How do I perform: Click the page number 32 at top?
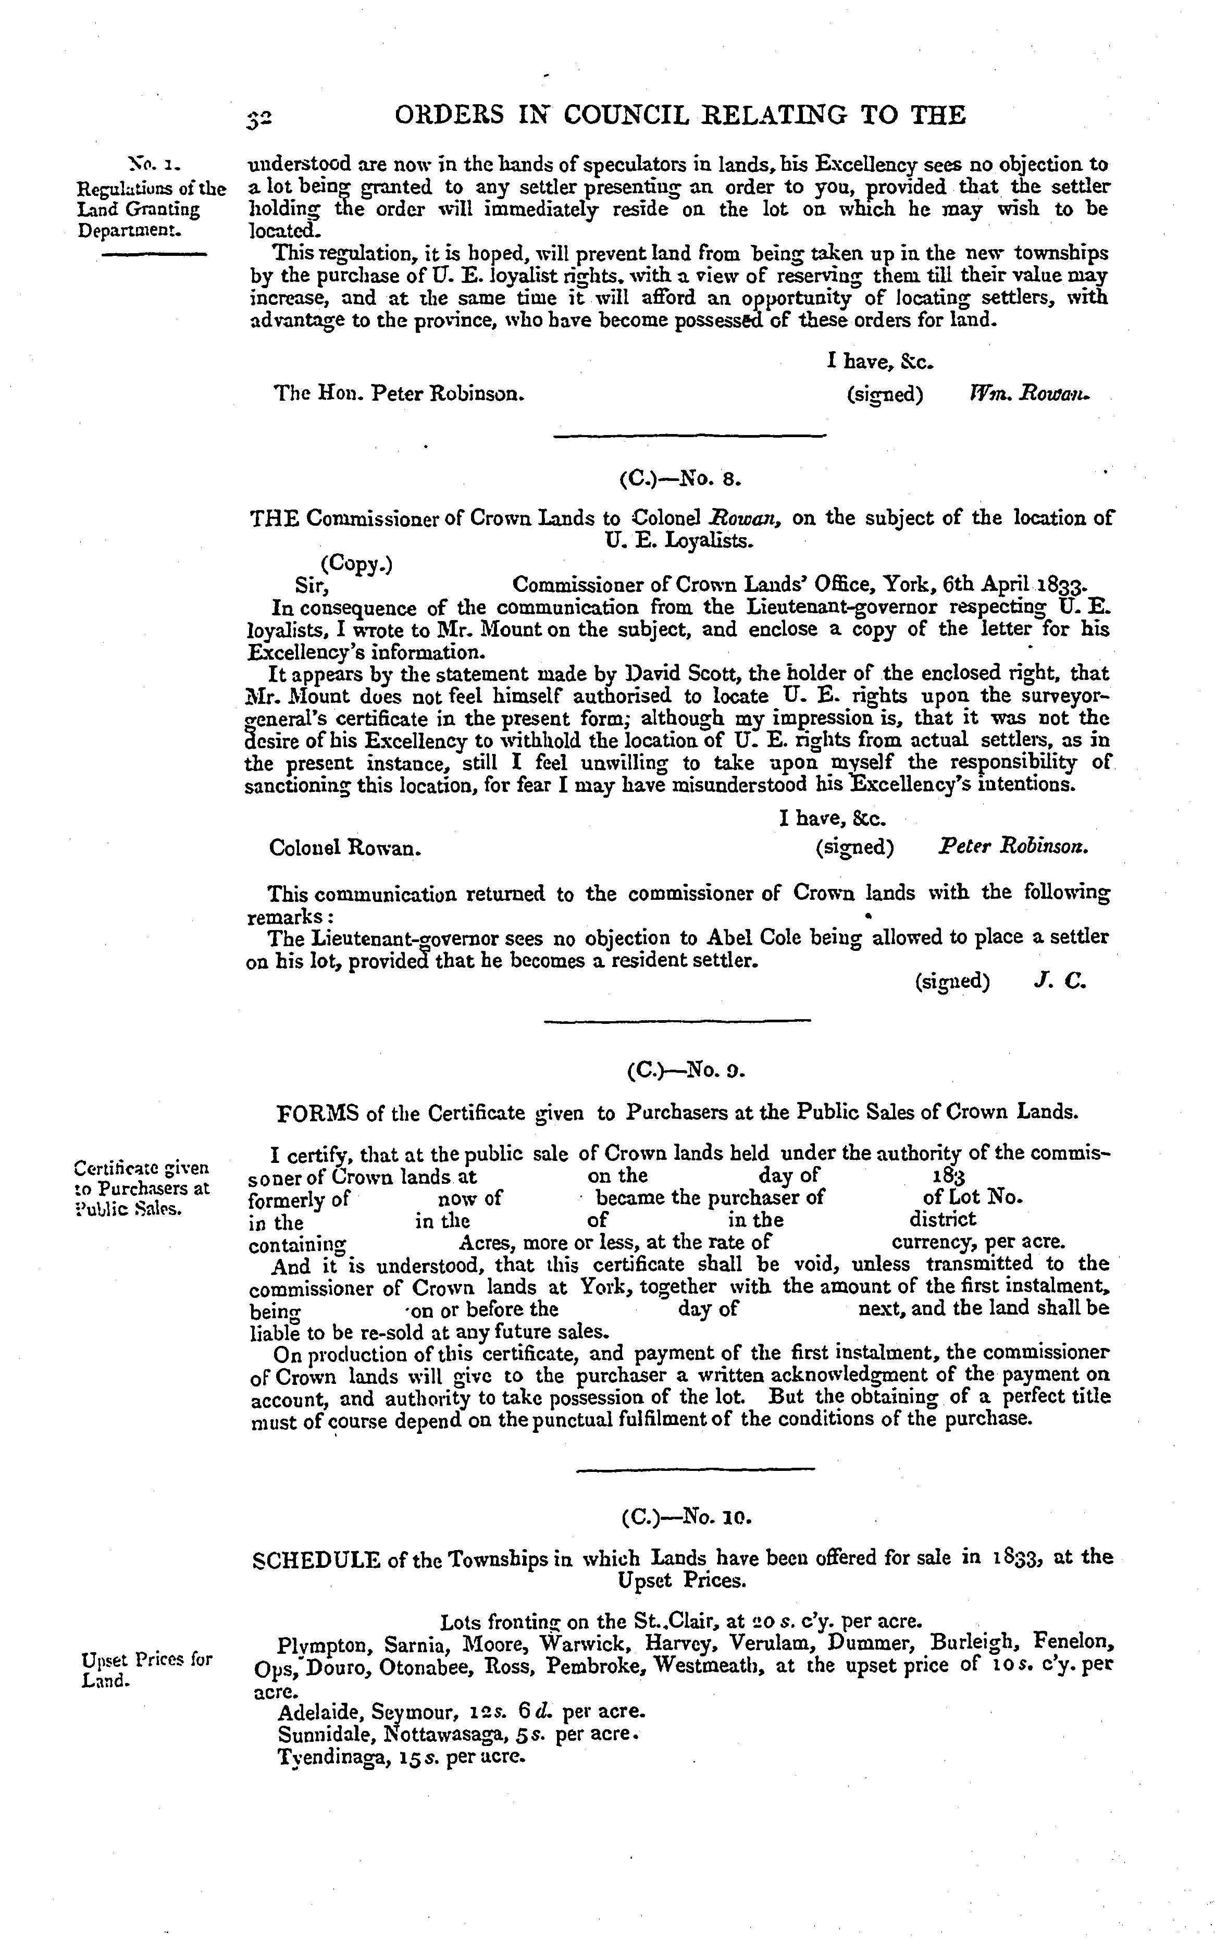pos(259,118)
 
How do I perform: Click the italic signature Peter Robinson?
pos(1014,846)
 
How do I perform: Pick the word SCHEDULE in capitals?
pos(316,1559)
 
